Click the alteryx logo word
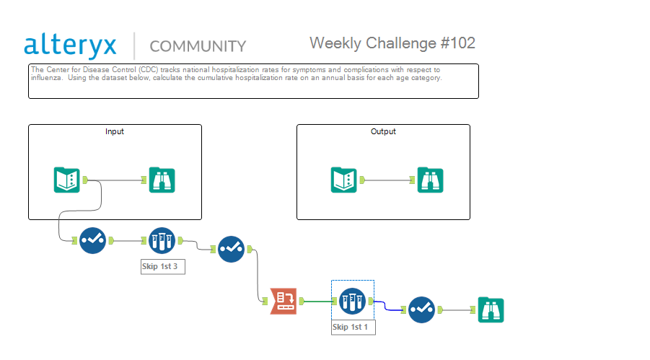coord(70,45)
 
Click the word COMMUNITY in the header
coord(198,46)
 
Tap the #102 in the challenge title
coord(457,43)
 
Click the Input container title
coord(115,131)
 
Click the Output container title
coord(383,131)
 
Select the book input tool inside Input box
coord(67,180)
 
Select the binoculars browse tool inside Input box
coord(162,180)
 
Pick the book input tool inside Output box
coord(343,180)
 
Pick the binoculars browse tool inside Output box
coord(430,180)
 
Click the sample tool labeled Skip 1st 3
coord(162,240)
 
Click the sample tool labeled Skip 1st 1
coord(352,301)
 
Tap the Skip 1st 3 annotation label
coord(163,267)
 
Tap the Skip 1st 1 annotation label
coord(353,328)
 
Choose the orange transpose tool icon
coord(284,301)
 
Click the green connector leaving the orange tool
coord(318,302)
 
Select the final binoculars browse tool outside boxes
coord(491,309)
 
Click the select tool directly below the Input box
coord(92,240)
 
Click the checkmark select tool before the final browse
coord(421,309)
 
